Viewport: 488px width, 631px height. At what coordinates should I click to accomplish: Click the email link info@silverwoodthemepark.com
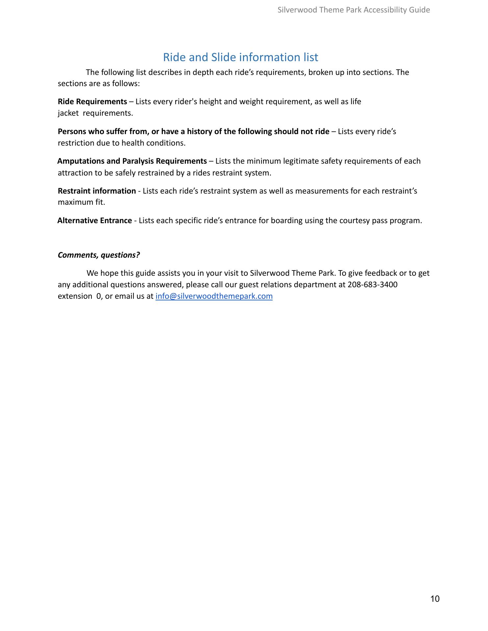(x=214, y=296)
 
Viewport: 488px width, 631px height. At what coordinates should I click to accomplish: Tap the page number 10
(x=435, y=599)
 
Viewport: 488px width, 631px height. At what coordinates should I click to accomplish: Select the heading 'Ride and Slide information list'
(x=240, y=57)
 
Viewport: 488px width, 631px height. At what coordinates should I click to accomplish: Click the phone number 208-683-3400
(x=372, y=285)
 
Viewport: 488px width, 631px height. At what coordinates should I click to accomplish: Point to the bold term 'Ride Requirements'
(x=92, y=102)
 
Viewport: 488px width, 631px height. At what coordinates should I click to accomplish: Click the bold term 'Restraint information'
(x=97, y=191)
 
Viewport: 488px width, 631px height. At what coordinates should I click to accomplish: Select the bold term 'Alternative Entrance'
(x=95, y=221)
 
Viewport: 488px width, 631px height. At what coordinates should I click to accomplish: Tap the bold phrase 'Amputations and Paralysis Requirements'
(x=132, y=161)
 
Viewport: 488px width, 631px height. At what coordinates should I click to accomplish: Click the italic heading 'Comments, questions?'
(x=99, y=255)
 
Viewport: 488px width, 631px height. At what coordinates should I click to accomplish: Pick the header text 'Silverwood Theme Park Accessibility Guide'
(x=354, y=10)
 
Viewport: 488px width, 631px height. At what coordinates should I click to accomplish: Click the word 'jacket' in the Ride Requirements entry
(x=68, y=113)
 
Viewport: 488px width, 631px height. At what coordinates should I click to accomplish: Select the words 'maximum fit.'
(x=81, y=202)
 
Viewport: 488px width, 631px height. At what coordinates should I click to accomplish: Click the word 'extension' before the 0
(x=75, y=296)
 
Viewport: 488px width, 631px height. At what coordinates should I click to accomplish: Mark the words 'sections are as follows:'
(x=99, y=83)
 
